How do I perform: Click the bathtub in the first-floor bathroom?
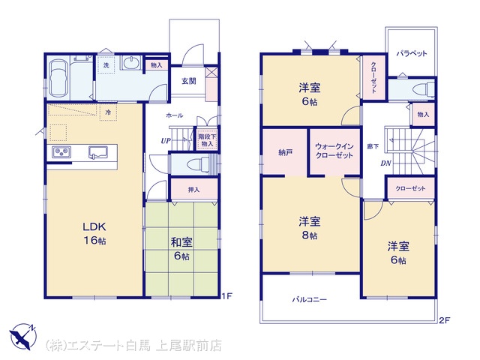58,78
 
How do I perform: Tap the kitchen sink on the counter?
97,152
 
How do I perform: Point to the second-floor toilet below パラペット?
423,90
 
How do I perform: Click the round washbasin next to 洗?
132,63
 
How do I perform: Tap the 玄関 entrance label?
189,81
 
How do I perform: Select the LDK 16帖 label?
94,233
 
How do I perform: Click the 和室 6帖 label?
181,248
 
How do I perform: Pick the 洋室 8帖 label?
310,228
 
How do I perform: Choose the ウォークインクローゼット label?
334,151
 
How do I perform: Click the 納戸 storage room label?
285,152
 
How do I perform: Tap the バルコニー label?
309,299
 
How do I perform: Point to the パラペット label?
412,53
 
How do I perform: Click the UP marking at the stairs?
166,141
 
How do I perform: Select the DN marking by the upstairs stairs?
386,163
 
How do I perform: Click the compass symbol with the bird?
22,337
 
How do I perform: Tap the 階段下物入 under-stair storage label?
207,140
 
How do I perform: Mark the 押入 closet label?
193,190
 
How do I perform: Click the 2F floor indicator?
445,320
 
